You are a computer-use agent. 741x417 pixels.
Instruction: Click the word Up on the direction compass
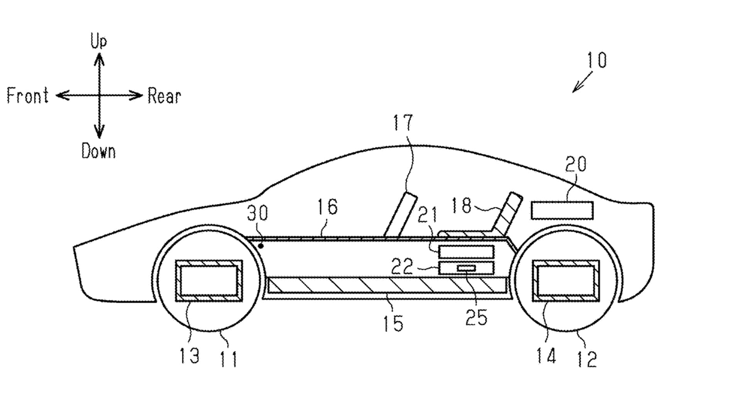click(98, 41)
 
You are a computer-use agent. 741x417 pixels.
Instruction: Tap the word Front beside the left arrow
click(28, 95)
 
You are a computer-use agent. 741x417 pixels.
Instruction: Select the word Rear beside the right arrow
click(164, 96)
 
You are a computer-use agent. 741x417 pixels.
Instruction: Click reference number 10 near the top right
click(597, 60)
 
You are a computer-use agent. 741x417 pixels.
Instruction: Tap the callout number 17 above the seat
click(403, 122)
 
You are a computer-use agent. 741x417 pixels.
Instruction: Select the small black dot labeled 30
click(261, 246)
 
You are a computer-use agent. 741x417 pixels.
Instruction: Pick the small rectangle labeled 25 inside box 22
click(466, 268)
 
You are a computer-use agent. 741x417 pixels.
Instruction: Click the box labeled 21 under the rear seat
click(466, 252)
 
